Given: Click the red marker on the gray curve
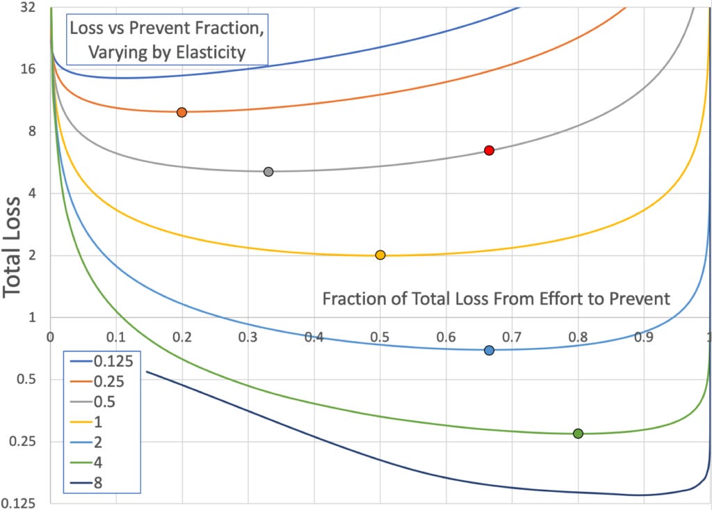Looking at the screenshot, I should click(x=489, y=150).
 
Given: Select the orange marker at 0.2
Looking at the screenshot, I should click(x=181, y=112).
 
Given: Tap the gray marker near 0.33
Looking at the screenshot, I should click(x=268, y=171).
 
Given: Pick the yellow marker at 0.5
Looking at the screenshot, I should click(x=380, y=255).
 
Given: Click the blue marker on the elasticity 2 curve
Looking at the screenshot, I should click(x=489, y=350).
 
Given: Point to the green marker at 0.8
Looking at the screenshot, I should click(x=578, y=433).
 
